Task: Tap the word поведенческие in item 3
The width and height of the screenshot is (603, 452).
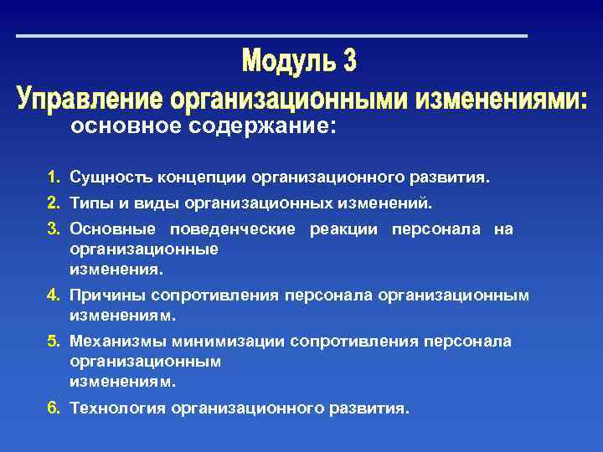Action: point(232,229)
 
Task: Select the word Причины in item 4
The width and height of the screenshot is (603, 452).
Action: point(106,295)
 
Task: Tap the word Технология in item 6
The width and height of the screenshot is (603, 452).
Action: point(118,408)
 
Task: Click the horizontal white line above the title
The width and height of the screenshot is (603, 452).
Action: point(272,36)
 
